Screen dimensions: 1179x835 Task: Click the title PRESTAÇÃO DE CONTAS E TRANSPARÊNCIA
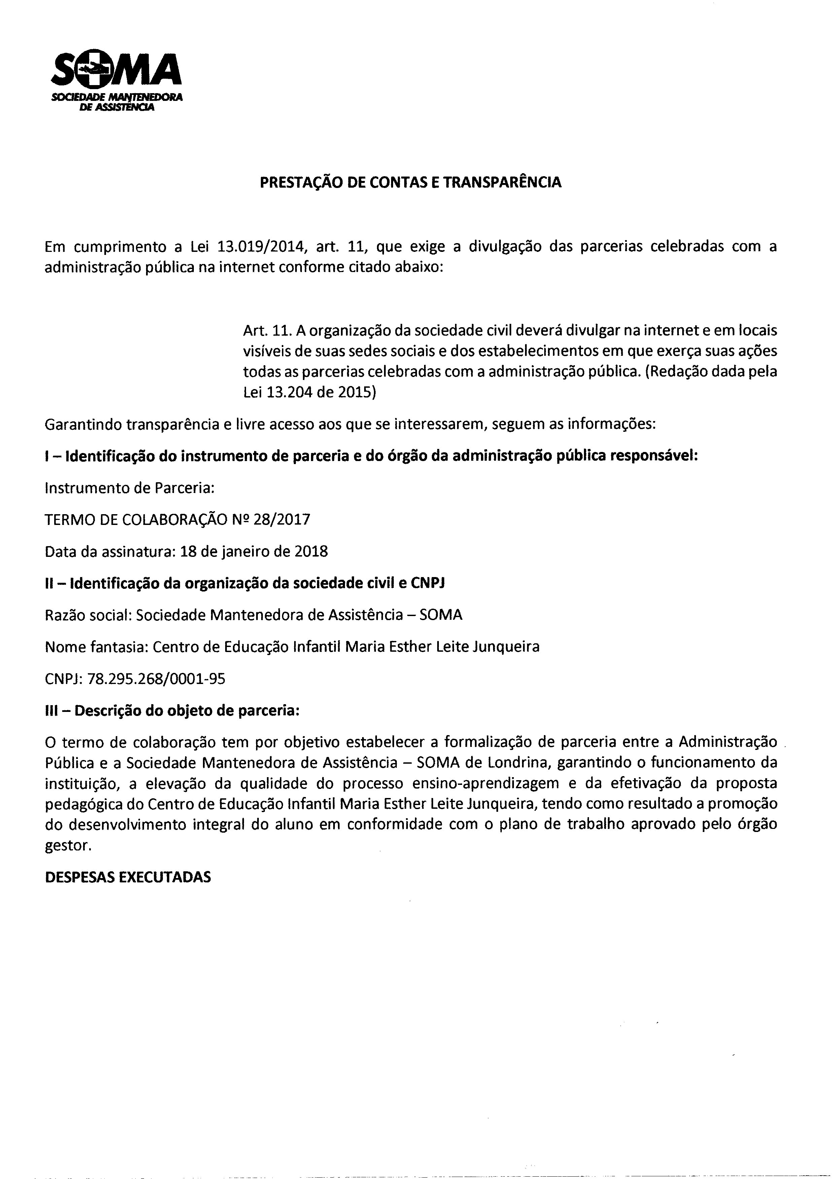tap(410, 182)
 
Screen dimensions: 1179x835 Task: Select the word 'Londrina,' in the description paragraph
tap(519, 763)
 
